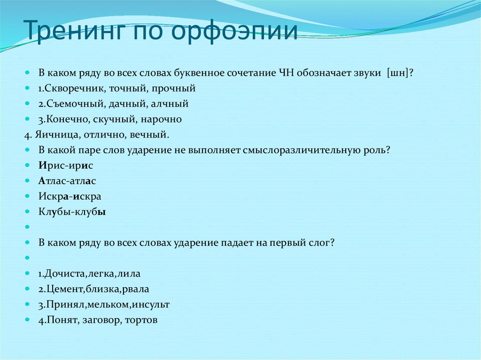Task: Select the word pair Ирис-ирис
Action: pyautogui.click(x=66, y=166)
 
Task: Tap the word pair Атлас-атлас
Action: pyautogui.click(x=68, y=181)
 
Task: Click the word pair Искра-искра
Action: pyautogui.click(x=70, y=196)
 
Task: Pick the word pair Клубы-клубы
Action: pyautogui.click(x=72, y=212)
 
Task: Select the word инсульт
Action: pyautogui.click(x=151, y=304)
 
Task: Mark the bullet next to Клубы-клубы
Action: pyautogui.click(x=28, y=212)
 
